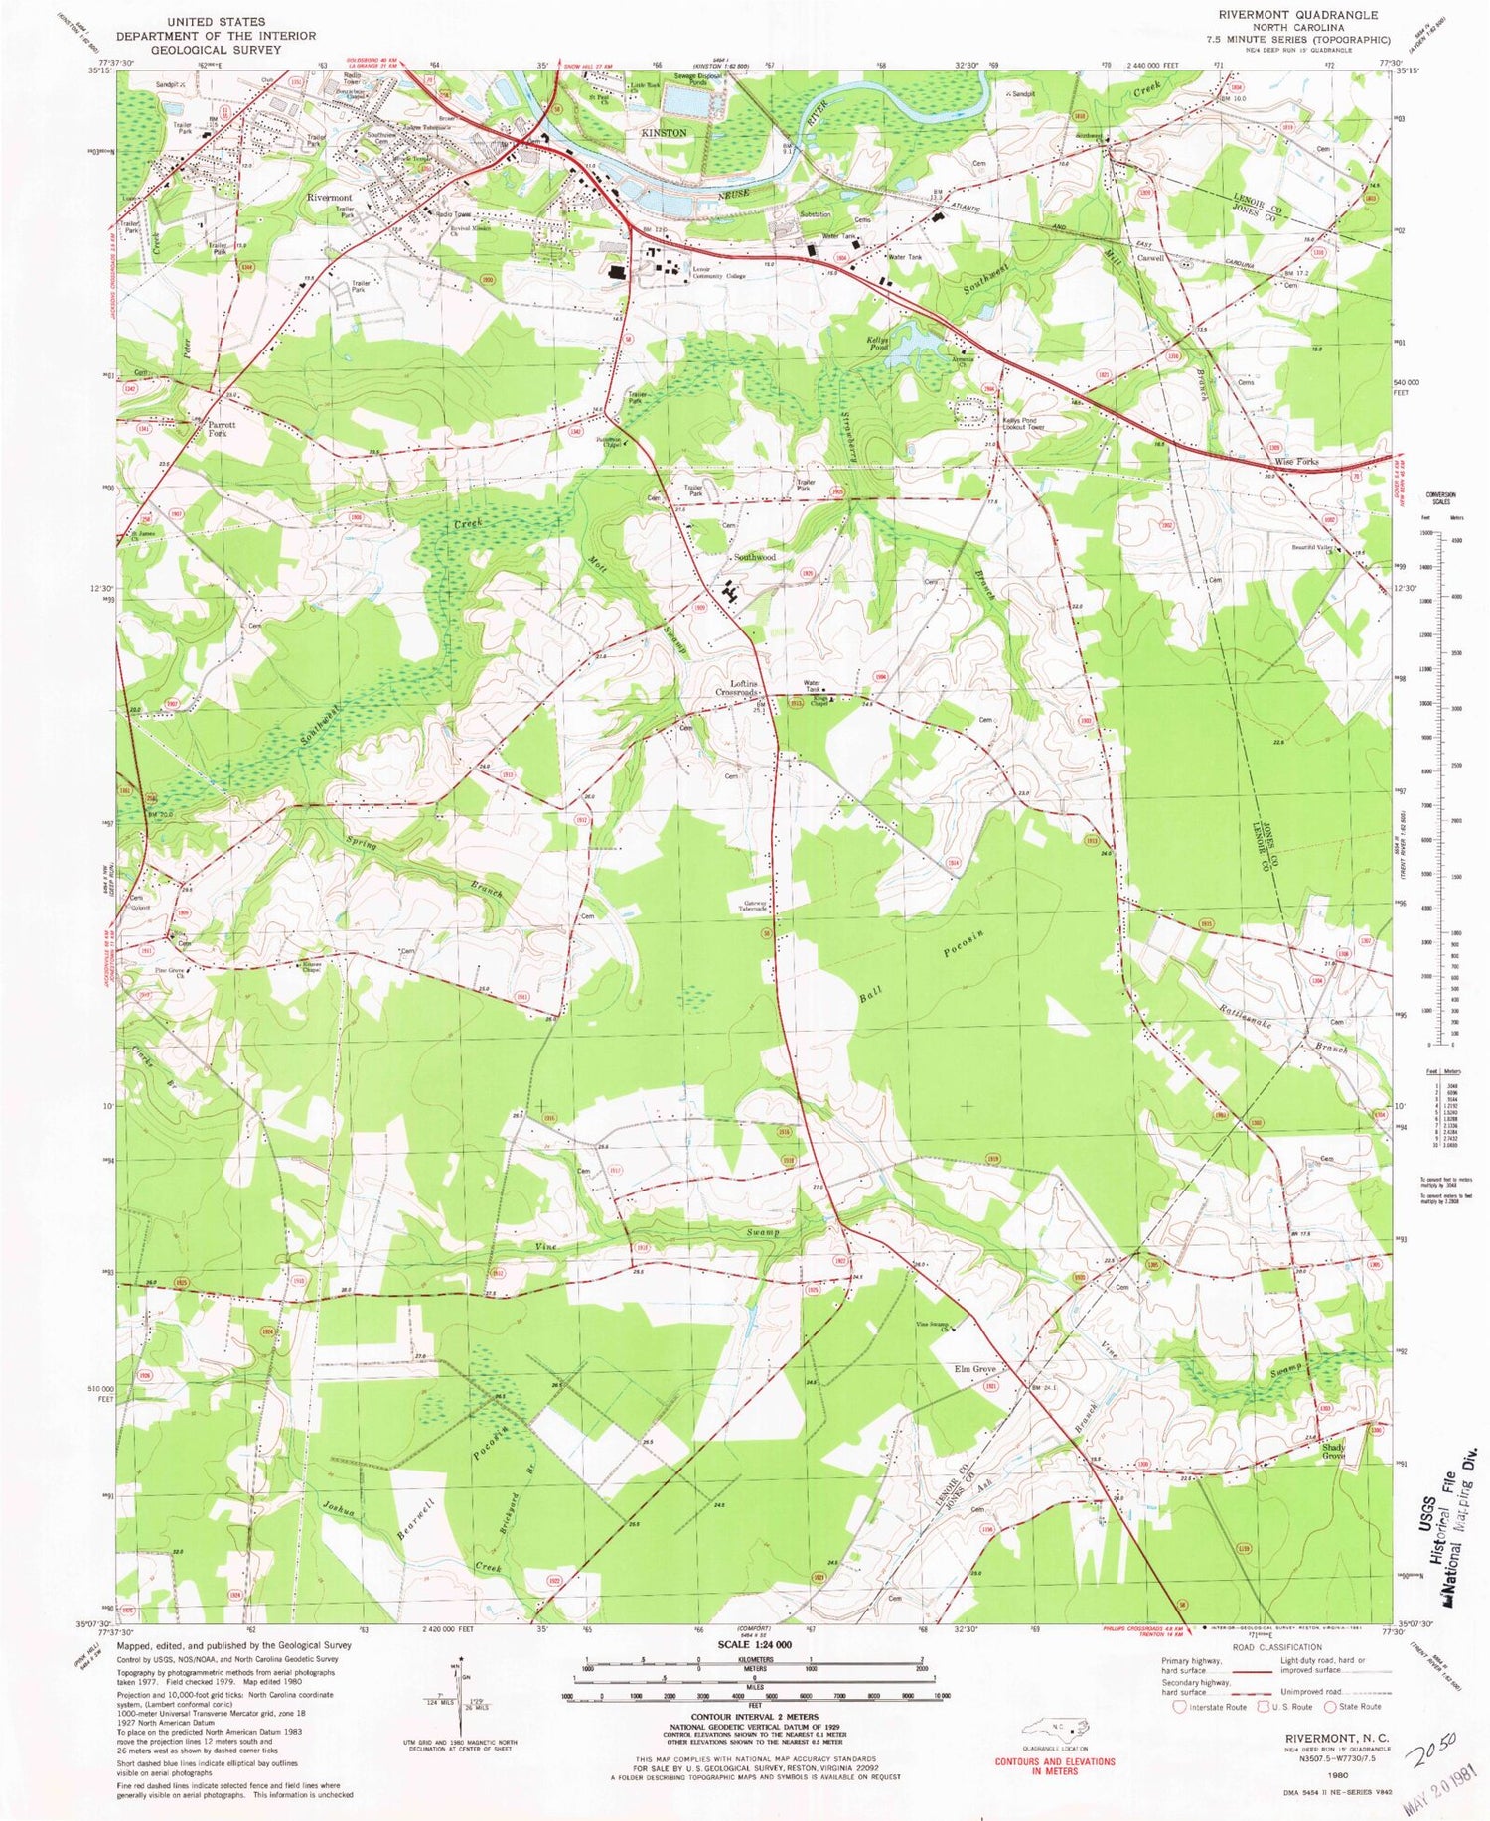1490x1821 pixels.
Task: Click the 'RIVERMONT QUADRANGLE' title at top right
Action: [1294, 15]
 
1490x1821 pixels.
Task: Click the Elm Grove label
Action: [975, 1369]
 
